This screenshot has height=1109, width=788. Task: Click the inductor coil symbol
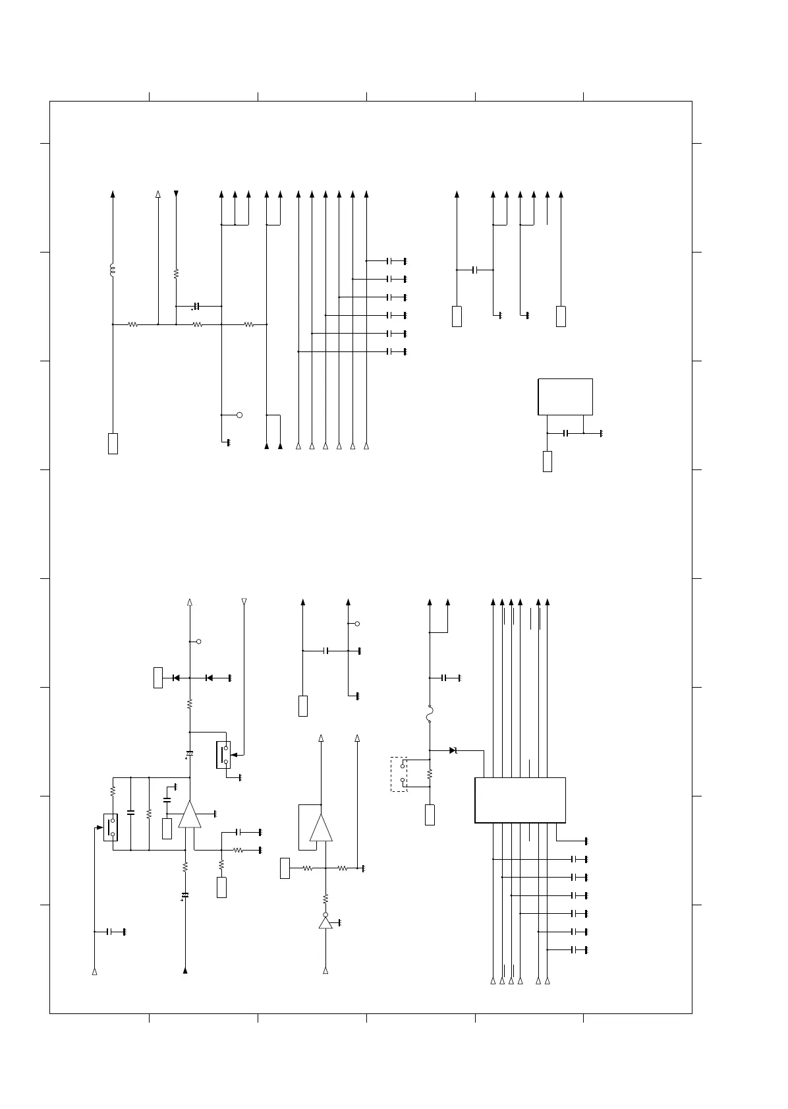tap(113, 270)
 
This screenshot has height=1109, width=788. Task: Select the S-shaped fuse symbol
tap(430, 713)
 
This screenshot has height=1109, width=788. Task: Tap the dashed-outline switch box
tap(399, 774)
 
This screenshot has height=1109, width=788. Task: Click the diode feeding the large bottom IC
tap(453, 750)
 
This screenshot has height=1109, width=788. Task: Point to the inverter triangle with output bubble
tap(325, 922)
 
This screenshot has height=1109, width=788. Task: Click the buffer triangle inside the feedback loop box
tap(322, 828)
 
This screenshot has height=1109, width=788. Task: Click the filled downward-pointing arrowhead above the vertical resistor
tap(176, 194)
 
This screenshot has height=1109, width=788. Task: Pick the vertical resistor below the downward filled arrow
tap(176, 273)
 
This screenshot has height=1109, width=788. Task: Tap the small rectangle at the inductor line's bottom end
tap(113, 444)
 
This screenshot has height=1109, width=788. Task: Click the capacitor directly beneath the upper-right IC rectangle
tap(565, 433)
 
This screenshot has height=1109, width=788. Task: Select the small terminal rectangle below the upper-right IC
tap(547, 462)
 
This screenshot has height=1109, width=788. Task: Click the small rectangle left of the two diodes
tap(158, 678)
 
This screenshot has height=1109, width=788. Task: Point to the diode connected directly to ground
tap(210, 678)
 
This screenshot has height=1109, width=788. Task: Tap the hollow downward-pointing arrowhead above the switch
tap(244, 601)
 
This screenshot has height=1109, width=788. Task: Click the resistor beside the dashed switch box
tap(430, 774)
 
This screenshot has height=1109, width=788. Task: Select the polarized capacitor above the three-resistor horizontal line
tap(196, 307)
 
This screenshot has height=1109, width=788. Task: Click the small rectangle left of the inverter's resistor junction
tap(285, 868)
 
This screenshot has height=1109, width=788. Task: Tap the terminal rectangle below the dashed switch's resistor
tap(430, 815)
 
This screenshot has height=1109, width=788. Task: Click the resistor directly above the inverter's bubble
tap(325, 898)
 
